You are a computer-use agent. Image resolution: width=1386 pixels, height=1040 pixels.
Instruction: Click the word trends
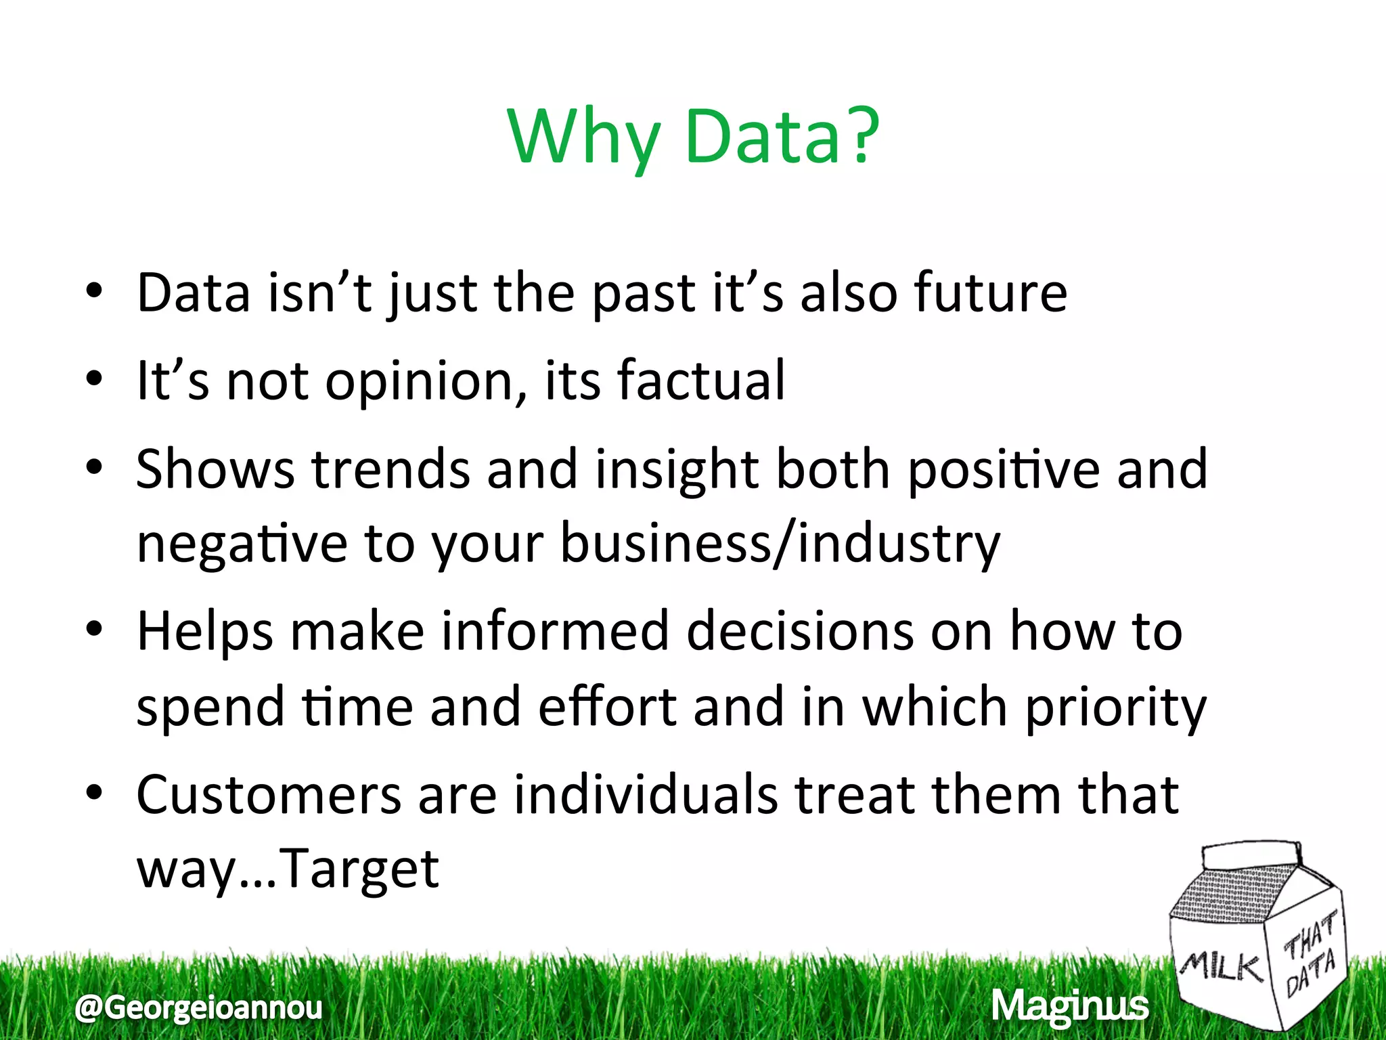pyautogui.click(x=390, y=469)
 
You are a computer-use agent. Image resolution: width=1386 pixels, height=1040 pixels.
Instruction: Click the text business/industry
pyautogui.click(x=780, y=544)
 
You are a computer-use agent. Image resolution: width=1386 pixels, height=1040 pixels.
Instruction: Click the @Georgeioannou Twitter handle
pyautogui.click(x=199, y=1007)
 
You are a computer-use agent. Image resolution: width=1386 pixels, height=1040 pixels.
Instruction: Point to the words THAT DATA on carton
pyautogui.click(x=1310, y=955)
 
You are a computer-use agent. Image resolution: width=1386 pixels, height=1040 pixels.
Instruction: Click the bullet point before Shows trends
pyautogui.click(x=94, y=467)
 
